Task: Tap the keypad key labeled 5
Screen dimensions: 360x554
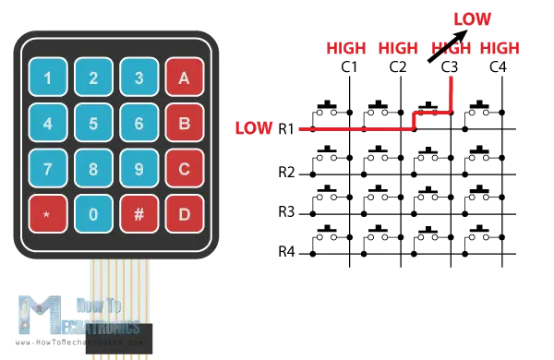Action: click(x=93, y=123)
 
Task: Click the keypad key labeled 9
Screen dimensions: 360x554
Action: click(x=138, y=169)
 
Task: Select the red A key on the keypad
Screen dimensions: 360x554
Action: click(x=184, y=78)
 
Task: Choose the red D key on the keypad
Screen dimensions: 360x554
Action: click(x=184, y=213)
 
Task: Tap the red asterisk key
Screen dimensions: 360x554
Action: click(x=47, y=213)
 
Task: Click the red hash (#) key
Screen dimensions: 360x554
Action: click(x=138, y=213)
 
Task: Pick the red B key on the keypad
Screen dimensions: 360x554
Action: click(x=184, y=123)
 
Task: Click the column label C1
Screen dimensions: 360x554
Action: click(x=350, y=67)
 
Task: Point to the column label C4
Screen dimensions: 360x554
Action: click(x=498, y=67)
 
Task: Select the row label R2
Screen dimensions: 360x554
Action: click(x=286, y=171)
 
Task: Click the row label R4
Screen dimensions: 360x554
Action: click(x=286, y=251)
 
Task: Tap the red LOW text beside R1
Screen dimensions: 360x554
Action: click(x=254, y=127)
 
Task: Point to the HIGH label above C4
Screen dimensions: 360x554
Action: click(x=500, y=48)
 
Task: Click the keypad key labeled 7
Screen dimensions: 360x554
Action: click(x=47, y=169)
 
